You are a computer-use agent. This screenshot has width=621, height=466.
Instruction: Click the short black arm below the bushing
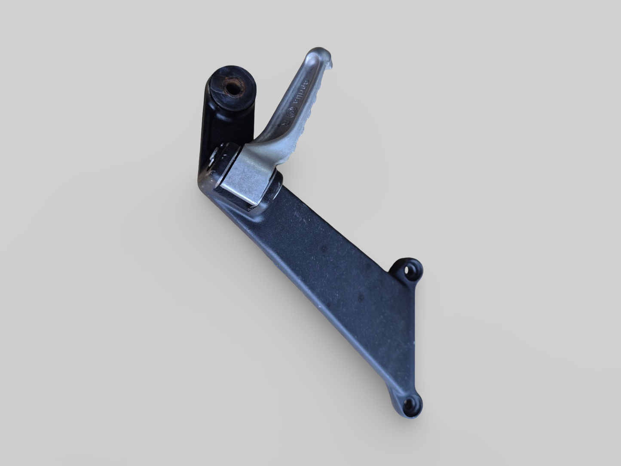[211, 129]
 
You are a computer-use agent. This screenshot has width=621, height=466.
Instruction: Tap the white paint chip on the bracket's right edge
[415, 344]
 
